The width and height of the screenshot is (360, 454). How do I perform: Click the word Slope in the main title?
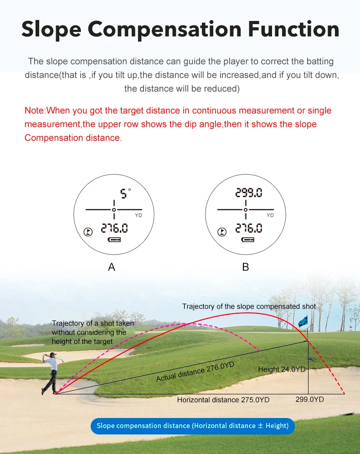click(x=51, y=30)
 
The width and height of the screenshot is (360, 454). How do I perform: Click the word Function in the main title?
click(x=293, y=29)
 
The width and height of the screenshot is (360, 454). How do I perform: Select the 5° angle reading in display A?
click(x=125, y=193)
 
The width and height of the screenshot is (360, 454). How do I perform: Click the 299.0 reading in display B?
click(x=249, y=193)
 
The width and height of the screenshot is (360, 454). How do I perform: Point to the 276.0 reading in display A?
click(x=114, y=228)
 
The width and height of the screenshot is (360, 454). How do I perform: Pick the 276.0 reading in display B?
click(x=249, y=228)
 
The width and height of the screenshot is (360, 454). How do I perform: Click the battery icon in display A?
click(x=114, y=240)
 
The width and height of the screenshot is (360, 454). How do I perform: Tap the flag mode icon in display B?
click(x=222, y=232)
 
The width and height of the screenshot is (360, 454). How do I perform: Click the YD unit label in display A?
click(x=139, y=215)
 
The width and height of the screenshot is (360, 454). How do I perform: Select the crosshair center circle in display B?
click(x=246, y=209)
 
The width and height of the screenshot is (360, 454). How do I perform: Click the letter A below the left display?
click(x=112, y=267)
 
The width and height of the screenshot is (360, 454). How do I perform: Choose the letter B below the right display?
click(x=246, y=267)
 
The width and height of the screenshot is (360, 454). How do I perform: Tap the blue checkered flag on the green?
click(x=303, y=321)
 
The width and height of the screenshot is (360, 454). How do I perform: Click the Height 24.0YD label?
click(x=282, y=369)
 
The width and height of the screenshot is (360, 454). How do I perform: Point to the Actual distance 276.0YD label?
click(x=195, y=372)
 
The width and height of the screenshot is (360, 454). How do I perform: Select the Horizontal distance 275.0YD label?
click(x=223, y=400)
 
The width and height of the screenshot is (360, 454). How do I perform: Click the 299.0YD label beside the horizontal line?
click(x=309, y=399)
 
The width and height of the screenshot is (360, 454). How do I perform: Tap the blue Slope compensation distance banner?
click(x=192, y=426)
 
